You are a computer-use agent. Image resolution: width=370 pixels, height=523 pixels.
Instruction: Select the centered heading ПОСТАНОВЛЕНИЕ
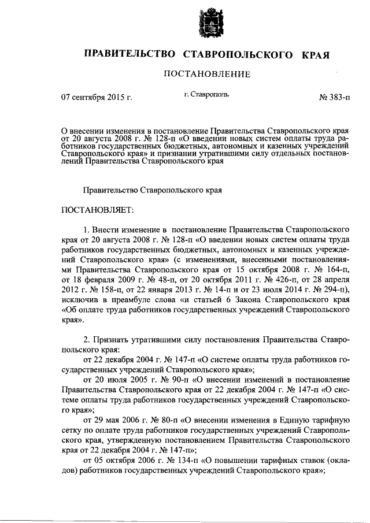207,74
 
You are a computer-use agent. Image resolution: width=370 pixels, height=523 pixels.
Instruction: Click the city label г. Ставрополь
206,93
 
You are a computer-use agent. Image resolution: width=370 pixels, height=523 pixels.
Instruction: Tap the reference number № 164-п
334,269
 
